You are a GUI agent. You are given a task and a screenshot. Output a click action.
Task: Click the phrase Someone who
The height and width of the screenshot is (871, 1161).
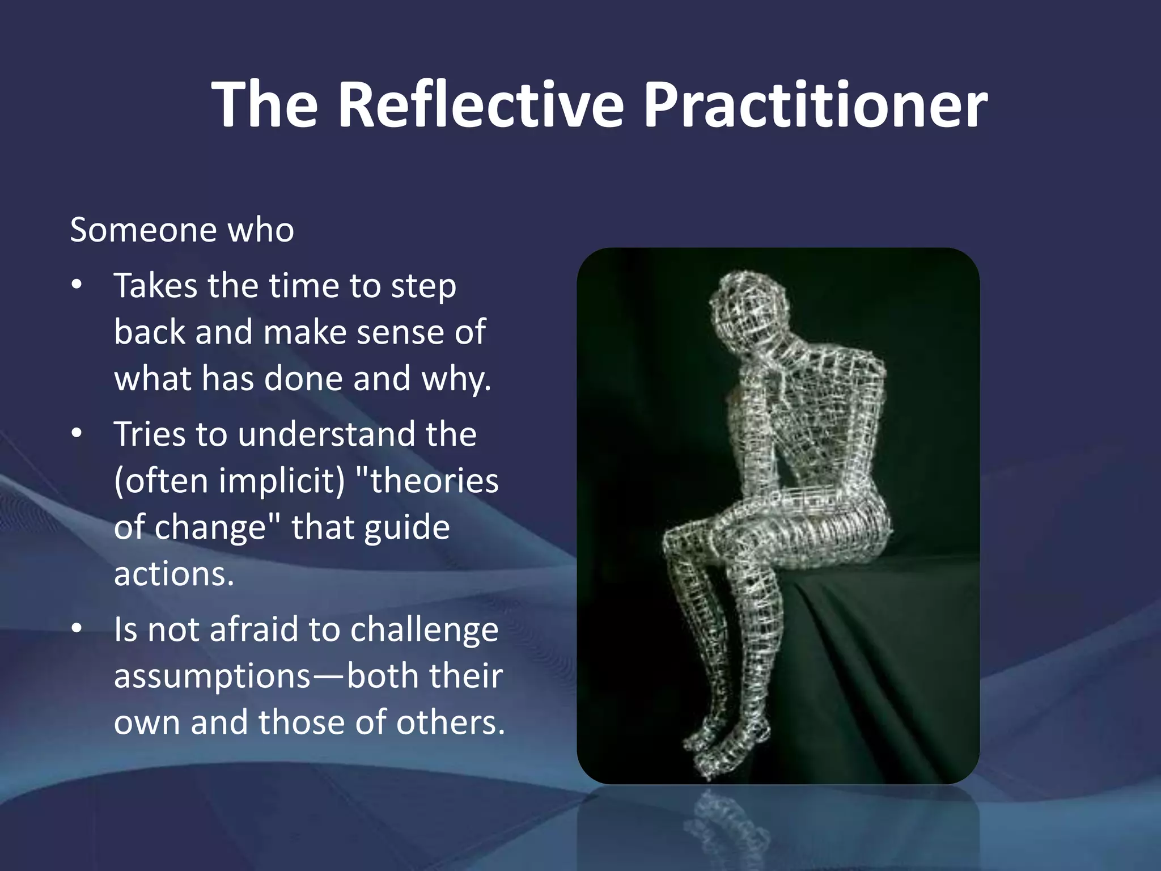coord(182,230)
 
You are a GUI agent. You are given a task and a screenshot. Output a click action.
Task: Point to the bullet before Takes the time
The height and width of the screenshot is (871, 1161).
coord(77,285)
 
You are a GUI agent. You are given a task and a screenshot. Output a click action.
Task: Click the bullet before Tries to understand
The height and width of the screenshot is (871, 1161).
coord(77,434)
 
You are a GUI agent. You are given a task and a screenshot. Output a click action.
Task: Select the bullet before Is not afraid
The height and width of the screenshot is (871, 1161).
coord(77,629)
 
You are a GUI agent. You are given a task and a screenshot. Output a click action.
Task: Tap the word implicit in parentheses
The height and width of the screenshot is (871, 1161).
coord(282,481)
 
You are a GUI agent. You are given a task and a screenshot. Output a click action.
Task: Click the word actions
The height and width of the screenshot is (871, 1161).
coord(173,574)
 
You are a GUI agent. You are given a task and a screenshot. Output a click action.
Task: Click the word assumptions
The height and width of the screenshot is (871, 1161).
coord(213,677)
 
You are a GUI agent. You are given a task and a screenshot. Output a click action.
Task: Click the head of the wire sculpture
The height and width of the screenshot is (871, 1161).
coord(748,306)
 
